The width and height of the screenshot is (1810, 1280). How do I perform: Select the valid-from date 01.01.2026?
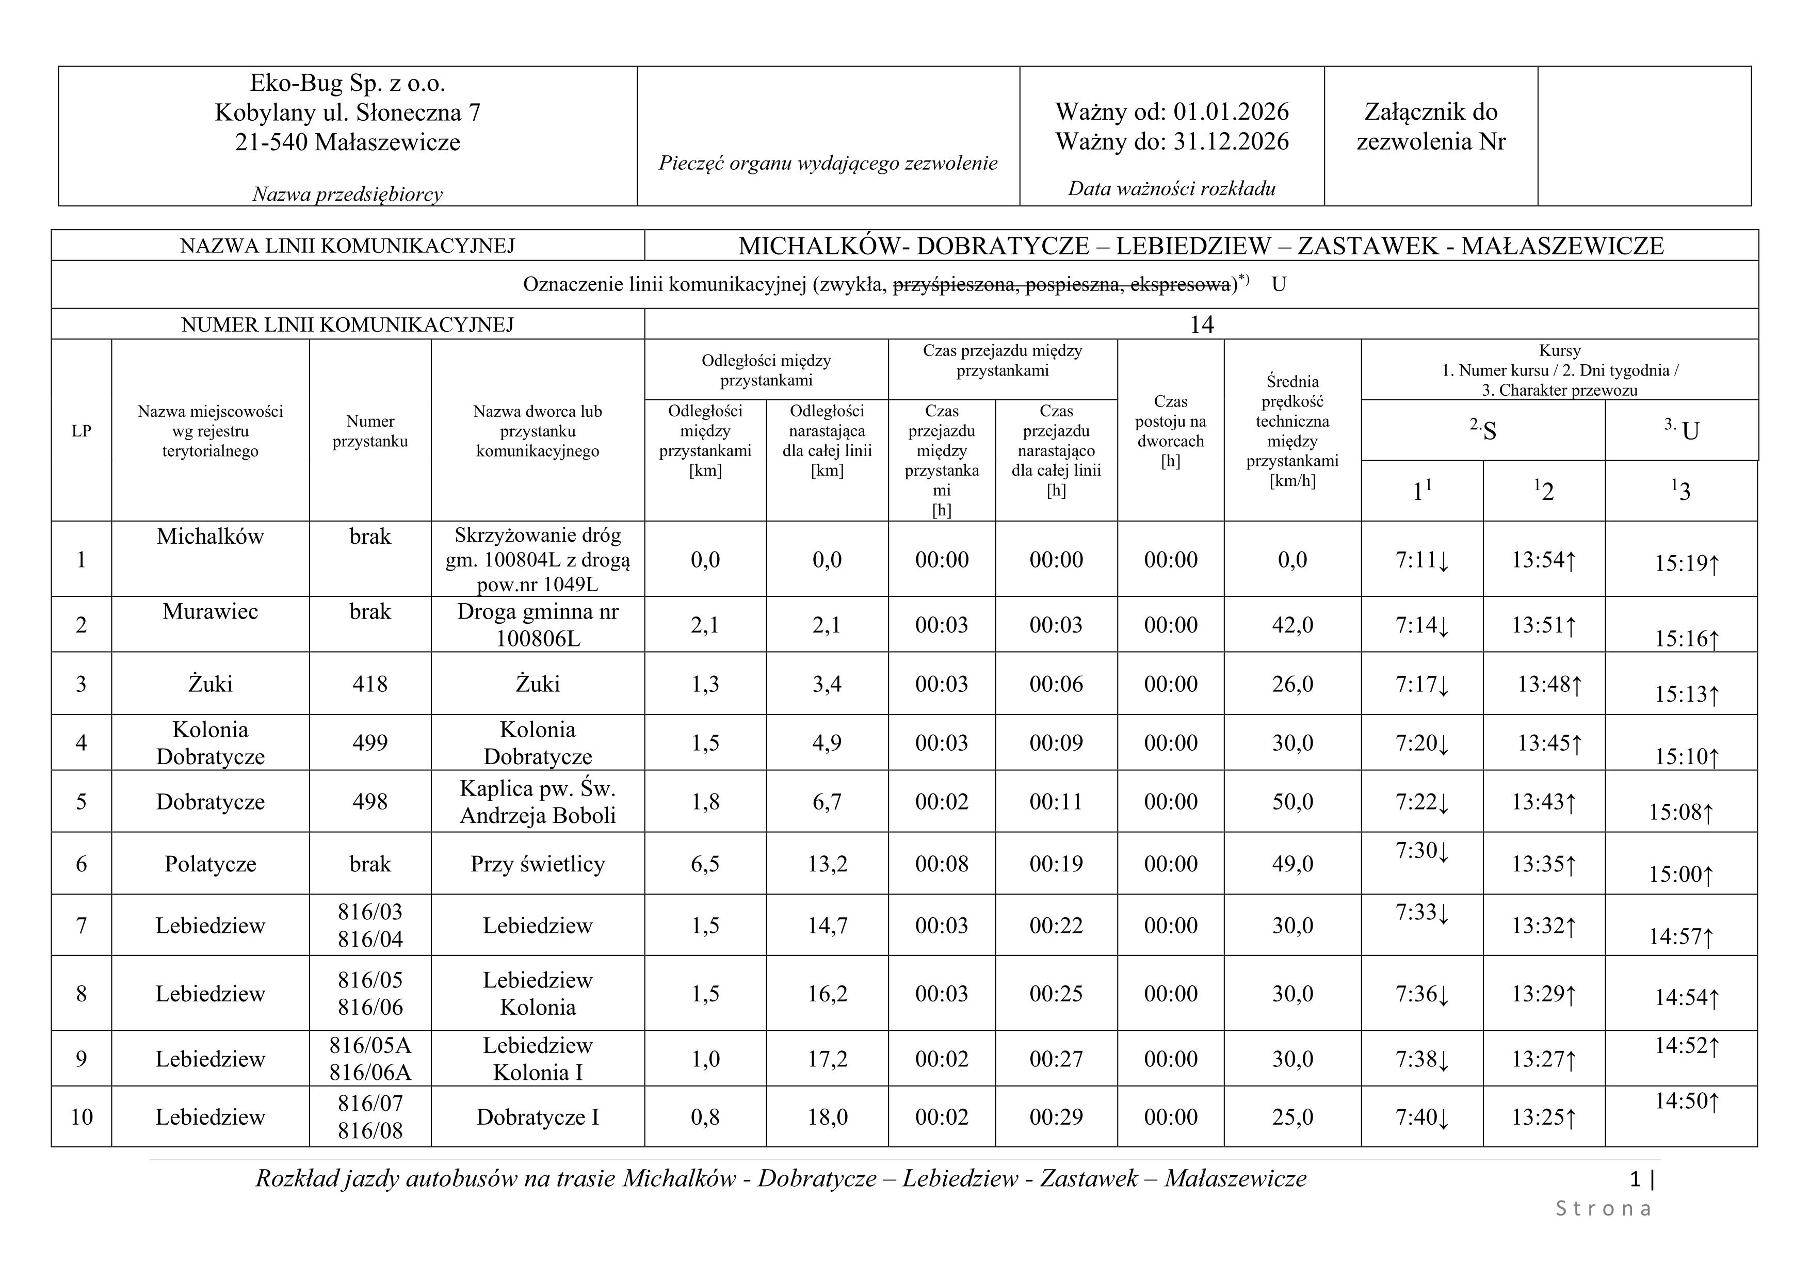[x=1231, y=112]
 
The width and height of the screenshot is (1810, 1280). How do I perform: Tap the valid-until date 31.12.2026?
[x=1231, y=142]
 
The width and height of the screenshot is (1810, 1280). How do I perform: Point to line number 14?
[x=1201, y=325]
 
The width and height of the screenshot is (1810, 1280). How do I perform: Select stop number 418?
[x=370, y=684]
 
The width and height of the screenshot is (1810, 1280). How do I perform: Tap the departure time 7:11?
[x=1416, y=560]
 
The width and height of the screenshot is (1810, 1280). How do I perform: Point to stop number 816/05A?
[x=370, y=1046]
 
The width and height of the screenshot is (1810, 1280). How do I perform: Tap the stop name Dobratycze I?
[x=538, y=1117]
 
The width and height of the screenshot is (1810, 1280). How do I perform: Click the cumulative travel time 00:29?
[x=1056, y=1117]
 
